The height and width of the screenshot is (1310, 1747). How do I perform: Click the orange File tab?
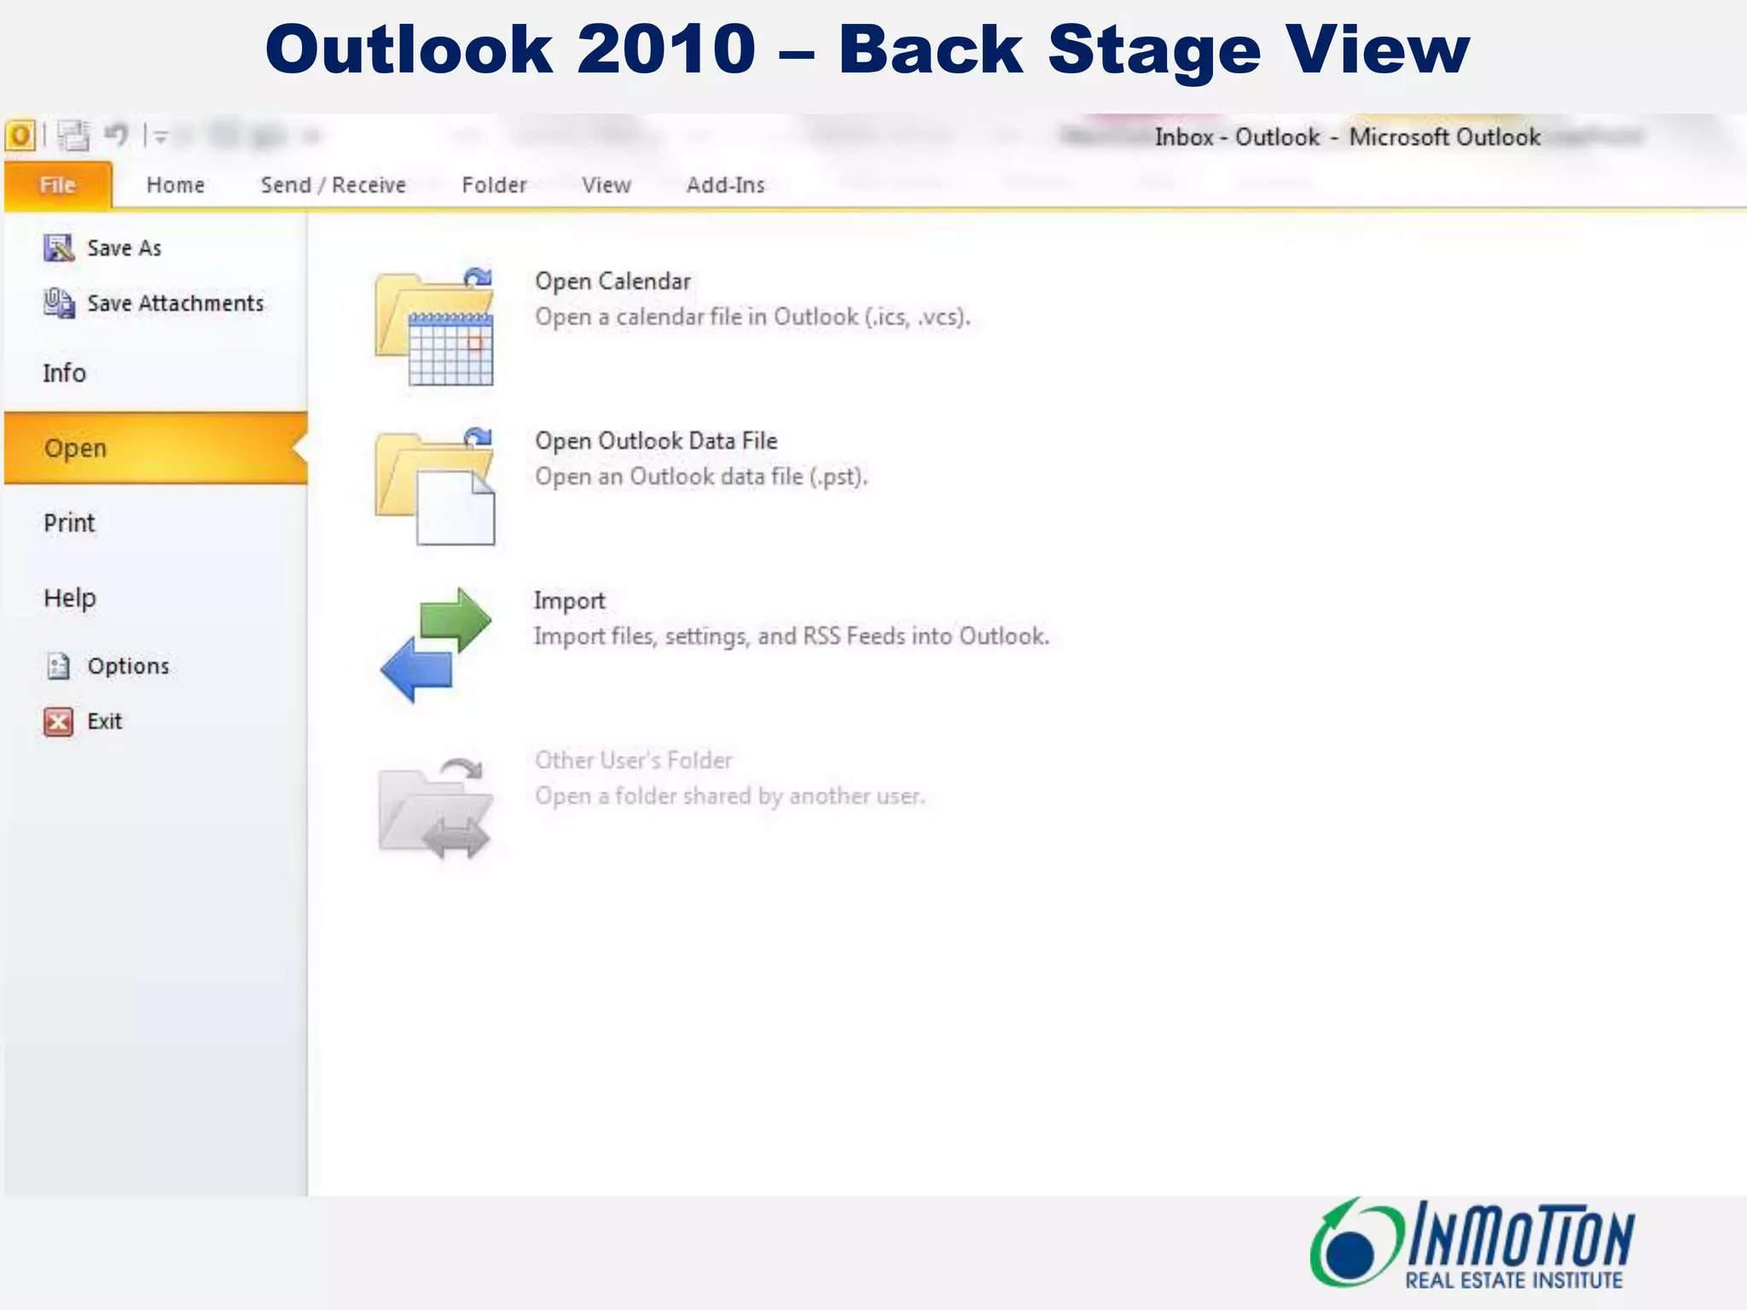(57, 185)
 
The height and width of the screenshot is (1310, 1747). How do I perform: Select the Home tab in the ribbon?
(175, 185)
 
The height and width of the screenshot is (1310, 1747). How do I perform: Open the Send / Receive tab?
(333, 185)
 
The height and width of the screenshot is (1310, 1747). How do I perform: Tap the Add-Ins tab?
(725, 185)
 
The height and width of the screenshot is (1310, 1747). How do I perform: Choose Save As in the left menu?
(124, 248)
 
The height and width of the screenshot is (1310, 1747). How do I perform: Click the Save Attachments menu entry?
(175, 304)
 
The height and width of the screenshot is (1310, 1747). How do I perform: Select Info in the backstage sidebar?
(64, 374)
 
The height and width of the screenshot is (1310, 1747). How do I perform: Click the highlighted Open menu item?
(75, 449)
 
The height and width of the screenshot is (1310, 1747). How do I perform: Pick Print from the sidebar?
(69, 523)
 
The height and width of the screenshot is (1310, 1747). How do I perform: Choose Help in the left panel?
(69, 598)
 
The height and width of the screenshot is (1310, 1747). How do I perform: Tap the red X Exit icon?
(58, 722)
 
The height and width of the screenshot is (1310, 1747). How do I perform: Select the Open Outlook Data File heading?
(656, 441)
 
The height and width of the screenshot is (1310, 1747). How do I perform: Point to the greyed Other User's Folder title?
(633, 760)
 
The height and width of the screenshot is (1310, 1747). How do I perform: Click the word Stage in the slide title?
(1153, 51)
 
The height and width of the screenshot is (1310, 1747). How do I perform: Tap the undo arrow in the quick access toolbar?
(116, 135)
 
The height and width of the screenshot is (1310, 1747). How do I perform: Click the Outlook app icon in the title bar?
(20, 135)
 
